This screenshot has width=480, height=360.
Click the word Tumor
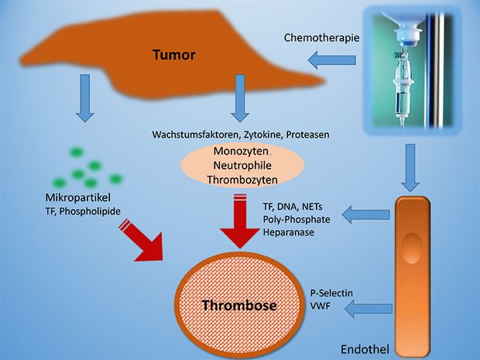pyautogui.click(x=174, y=55)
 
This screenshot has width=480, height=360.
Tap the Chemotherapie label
pyautogui.click(x=321, y=38)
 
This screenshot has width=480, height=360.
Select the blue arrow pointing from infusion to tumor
pyautogui.click(x=332, y=60)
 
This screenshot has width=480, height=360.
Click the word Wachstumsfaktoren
pyautogui.click(x=196, y=135)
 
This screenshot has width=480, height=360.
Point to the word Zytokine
pyautogui.click(x=263, y=135)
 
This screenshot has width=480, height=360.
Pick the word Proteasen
pyautogui.click(x=307, y=135)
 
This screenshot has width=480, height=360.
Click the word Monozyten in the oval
pyautogui.click(x=241, y=151)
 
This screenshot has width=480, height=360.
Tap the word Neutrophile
pyautogui.click(x=242, y=166)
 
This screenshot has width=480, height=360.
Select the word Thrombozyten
pyautogui.click(x=242, y=180)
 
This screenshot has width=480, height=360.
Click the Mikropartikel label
pyautogui.click(x=77, y=197)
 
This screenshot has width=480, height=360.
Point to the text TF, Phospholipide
pyautogui.click(x=83, y=211)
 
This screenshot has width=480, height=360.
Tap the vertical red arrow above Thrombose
pyautogui.click(x=240, y=221)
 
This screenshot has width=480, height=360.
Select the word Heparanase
pyautogui.click(x=288, y=232)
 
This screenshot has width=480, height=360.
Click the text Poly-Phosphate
pyautogui.click(x=297, y=219)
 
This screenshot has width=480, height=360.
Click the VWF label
pyautogui.click(x=321, y=306)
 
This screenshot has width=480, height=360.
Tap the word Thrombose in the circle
pyautogui.click(x=239, y=305)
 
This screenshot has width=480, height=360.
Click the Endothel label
pyautogui.click(x=365, y=349)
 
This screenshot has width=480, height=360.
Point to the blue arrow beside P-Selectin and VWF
pyautogui.click(x=369, y=309)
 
